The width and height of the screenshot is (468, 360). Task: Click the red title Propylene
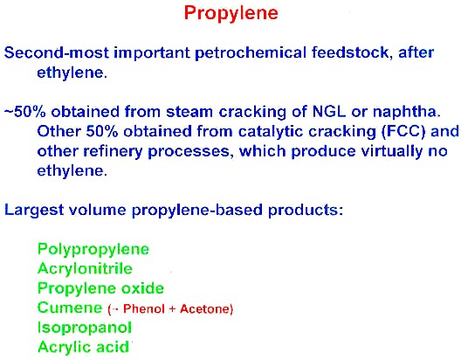231,14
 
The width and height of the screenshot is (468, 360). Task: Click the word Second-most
57,53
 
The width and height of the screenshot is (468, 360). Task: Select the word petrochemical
251,53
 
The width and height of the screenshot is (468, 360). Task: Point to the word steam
189,112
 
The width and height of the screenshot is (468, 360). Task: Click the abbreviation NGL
329,112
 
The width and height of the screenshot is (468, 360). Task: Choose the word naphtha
407,113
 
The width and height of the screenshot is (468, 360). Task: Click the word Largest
34,211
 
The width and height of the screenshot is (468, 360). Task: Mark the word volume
98,210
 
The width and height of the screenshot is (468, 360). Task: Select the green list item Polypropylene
93,250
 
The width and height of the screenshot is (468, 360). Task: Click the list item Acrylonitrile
85,269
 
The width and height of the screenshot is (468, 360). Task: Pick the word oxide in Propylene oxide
142,288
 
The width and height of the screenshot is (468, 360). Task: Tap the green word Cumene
70,308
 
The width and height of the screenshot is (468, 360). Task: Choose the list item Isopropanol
85,328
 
